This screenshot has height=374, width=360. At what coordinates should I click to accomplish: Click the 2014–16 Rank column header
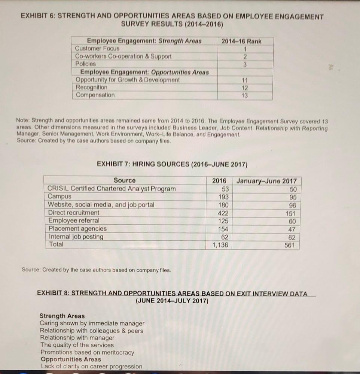tap(241, 41)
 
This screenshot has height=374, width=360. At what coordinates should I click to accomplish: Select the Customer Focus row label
tap(97, 49)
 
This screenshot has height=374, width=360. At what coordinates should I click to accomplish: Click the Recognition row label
tap(91, 87)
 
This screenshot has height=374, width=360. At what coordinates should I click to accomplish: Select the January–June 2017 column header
tap(266, 181)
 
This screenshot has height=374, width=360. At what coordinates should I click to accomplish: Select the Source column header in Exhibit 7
tap(125, 180)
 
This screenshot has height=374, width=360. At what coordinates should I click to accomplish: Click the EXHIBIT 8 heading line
tap(172, 294)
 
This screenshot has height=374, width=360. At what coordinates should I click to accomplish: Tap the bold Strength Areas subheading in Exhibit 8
tap(62, 316)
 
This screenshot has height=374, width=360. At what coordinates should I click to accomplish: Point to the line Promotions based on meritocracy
tap(87, 352)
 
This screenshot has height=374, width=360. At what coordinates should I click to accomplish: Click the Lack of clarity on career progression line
tap(91, 367)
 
